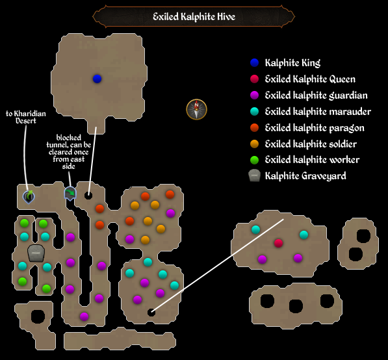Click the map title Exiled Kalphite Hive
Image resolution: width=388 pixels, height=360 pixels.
pos(194,16)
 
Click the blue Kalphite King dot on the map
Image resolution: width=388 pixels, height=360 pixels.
pos(97,79)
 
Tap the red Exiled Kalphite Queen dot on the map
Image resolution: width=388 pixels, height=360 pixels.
pos(278,243)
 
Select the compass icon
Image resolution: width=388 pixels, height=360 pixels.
pos(196,109)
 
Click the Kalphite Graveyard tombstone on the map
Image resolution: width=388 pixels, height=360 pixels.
pos(35,253)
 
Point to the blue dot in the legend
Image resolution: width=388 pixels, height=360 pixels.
pos(255,63)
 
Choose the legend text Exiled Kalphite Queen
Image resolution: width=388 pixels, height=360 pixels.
pos(310,79)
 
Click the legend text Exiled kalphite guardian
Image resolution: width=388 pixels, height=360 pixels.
pos(316,96)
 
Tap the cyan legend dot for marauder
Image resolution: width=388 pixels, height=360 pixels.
pos(255,112)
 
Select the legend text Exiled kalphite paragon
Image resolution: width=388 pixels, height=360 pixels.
pos(315,128)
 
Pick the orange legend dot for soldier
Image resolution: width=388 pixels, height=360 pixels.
pos(255,144)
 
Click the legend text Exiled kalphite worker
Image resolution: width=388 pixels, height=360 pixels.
pos(312,160)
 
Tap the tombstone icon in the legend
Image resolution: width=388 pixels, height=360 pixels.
pos(255,175)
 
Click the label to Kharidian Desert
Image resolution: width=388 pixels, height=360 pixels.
pos(26,117)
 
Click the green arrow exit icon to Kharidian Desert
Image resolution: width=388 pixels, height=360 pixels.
pos(29,195)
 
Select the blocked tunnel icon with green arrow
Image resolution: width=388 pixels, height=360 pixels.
pos(70,194)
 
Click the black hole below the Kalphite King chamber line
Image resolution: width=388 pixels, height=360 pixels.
pos(88,195)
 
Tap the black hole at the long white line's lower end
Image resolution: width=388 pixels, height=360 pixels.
pos(151,313)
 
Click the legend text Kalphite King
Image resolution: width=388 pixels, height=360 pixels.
pos(292,63)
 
